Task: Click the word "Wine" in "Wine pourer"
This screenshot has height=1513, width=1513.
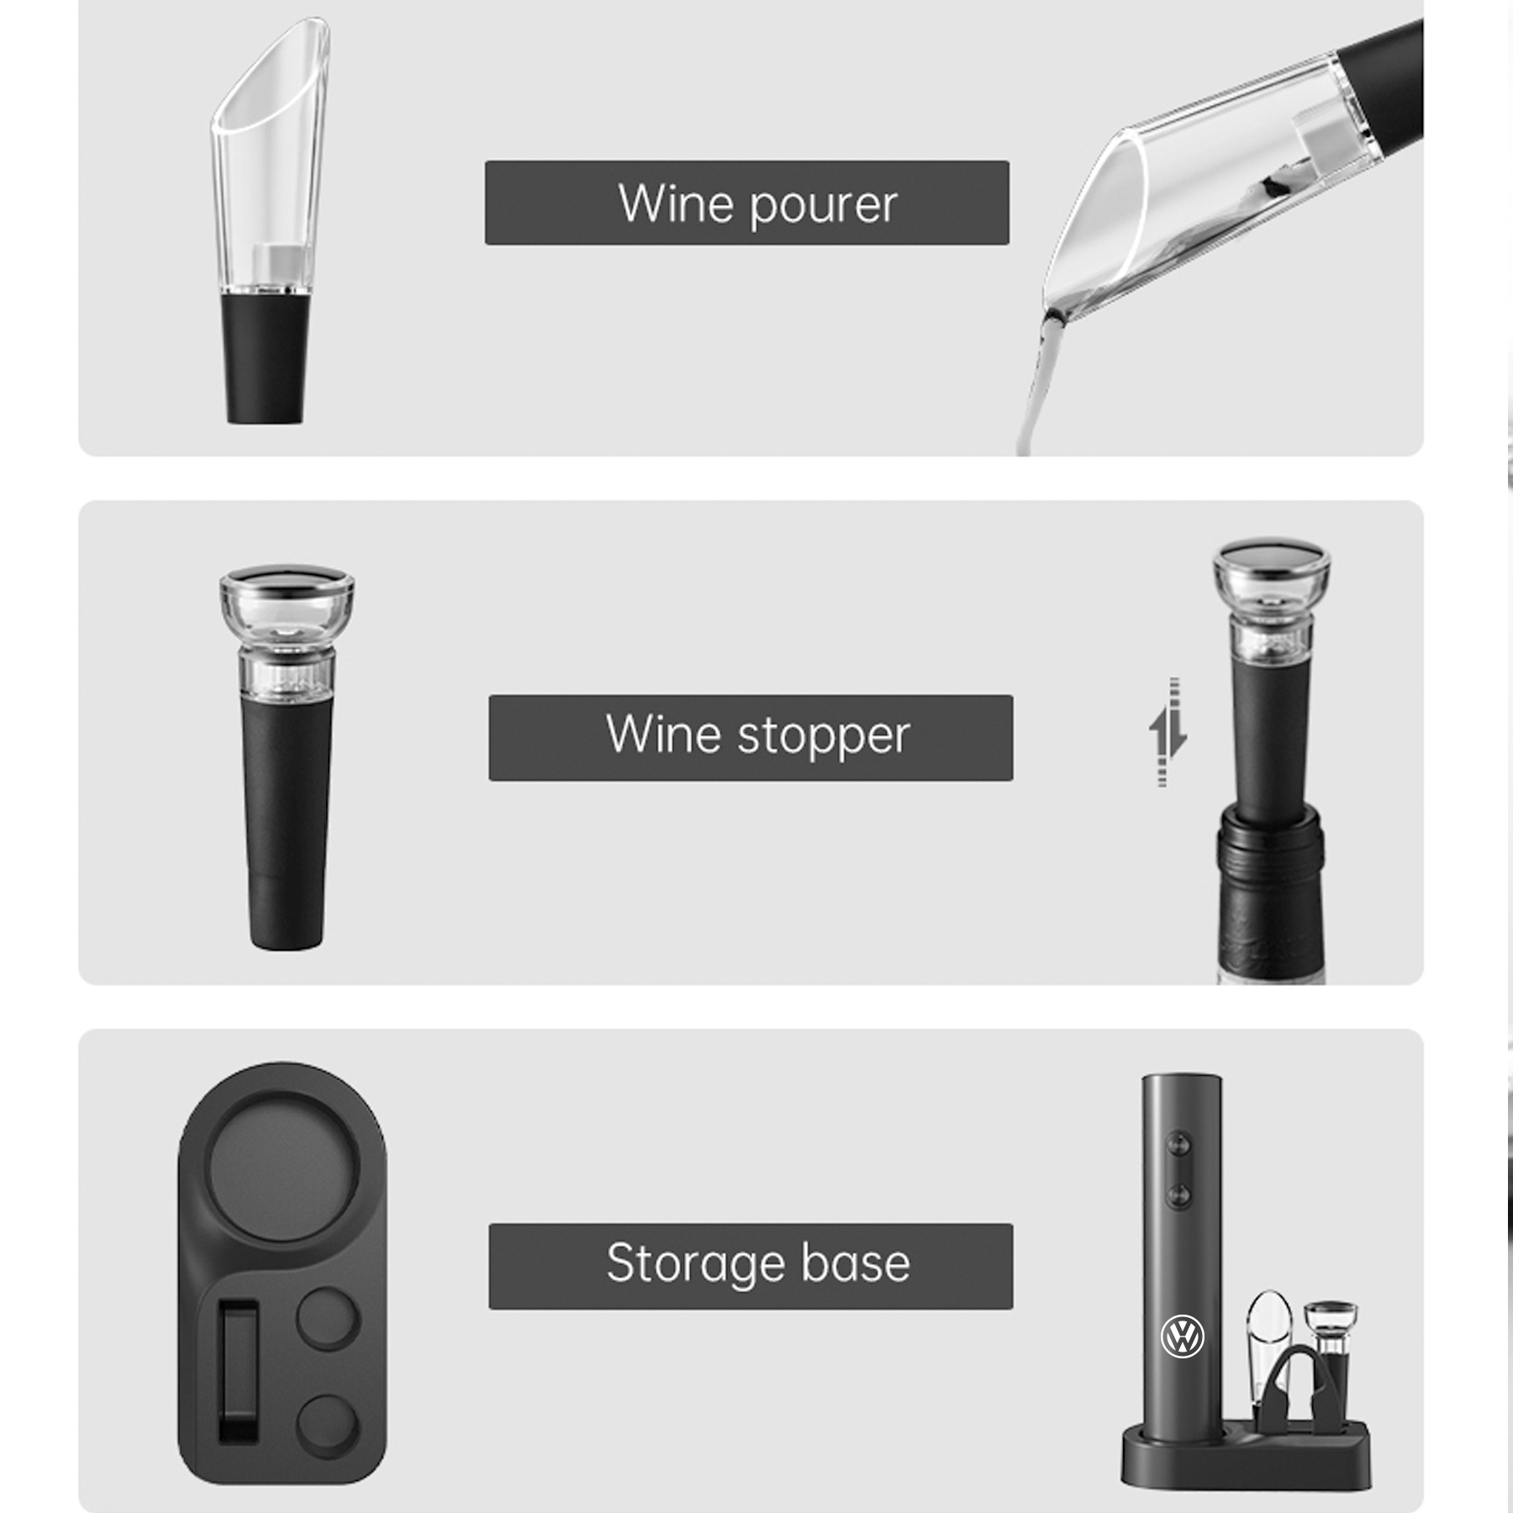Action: click(x=676, y=204)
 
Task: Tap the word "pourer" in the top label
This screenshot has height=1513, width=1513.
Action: click(x=824, y=206)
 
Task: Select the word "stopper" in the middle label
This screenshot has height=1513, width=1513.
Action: click(x=824, y=736)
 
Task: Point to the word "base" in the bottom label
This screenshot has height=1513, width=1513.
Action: click(x=856, y=1263)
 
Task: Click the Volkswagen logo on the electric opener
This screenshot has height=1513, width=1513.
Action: click(x=1182, y=1336)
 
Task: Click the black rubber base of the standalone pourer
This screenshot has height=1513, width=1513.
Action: click(x=265, y=357)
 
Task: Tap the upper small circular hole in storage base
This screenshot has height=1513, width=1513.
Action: click(x=328, y=1318)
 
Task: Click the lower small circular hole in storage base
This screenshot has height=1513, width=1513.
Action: click(x=328, y=1426)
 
